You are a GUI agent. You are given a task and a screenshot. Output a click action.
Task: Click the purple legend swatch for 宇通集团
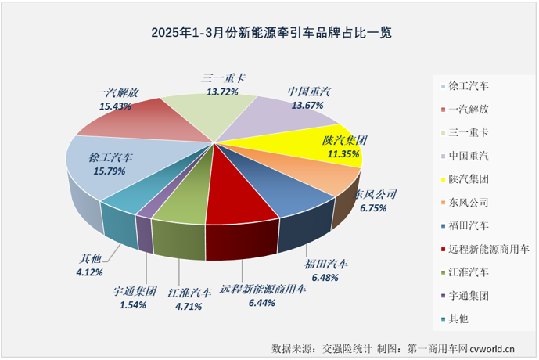(x=444, y=296)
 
